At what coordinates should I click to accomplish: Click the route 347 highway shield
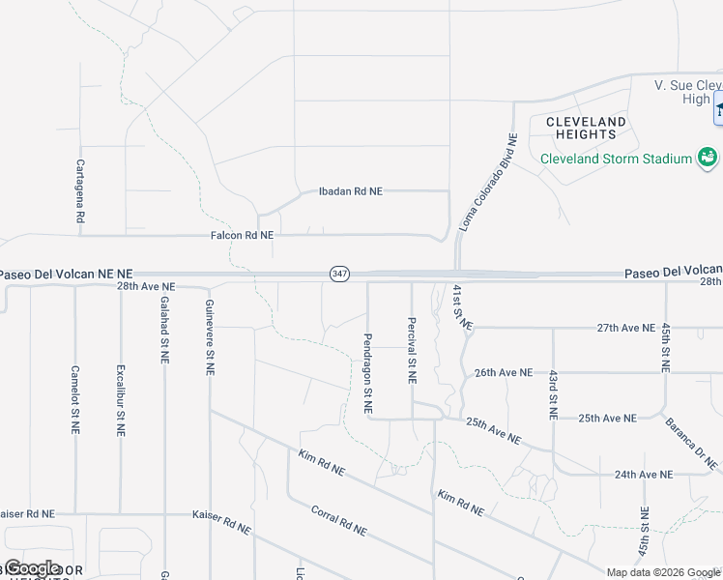(338, 275)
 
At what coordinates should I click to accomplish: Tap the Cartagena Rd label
(80, 192)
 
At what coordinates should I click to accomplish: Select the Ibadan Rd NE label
(351, 191)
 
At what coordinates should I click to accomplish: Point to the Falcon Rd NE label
(242, 235)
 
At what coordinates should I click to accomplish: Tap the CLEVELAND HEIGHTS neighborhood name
(586, 129)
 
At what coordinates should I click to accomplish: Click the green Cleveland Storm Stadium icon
(709, 158)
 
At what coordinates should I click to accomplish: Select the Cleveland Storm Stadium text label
(616, 159)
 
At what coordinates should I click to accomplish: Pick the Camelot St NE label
(74, 399)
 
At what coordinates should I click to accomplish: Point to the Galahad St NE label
(164, 330)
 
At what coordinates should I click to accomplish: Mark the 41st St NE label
(462, 307)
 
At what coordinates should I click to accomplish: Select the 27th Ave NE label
(625, 328)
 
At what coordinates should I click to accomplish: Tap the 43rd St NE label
(553, 393)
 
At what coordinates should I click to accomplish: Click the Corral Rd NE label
(338, 520)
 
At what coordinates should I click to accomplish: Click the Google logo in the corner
(32, 568)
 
